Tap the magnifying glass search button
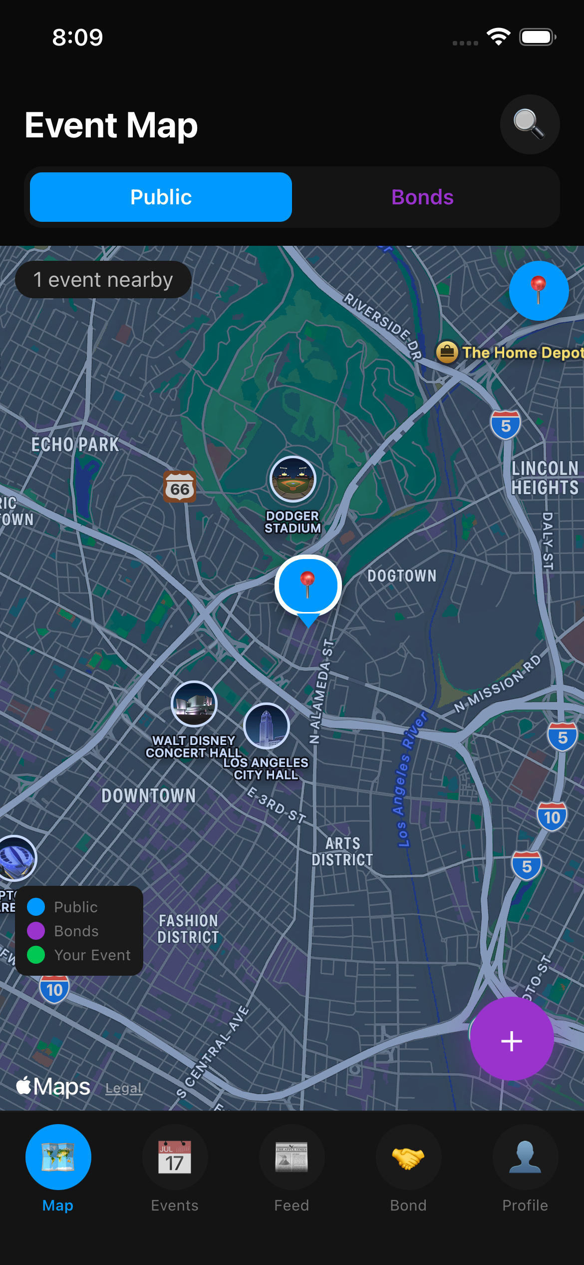pyautogui.click(x=530, y=124)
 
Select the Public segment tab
pyautogui.click(x=161, y=197)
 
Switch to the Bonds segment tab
pyautogui.click(x=422, y=197)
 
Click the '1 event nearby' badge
pyautogui.click(x=103, y=280)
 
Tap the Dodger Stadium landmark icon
pyautogui.click(x=293, y=479)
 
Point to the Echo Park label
pyautogui.click(x=75, y=445)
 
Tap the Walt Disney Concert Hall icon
pyautogui.click(x=194, y=704)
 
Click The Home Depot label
pyautogui.click(x=522, y=353)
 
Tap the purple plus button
pyautogui.click(x=512, y=1041)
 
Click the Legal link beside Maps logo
pyautogui.click(x=124, y=1088)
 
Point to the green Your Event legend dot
pyautogui.click(x=36, y=955)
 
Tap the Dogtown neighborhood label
pyautogui.click(x=402, y=576)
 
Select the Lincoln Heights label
pyautogui.click(x=545, y=478)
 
